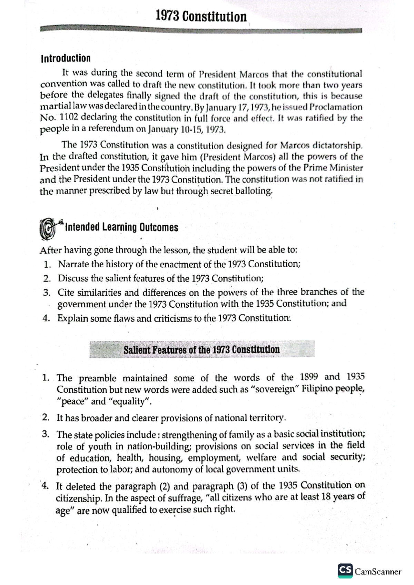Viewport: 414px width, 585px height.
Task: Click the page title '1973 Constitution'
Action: tap(201, 16)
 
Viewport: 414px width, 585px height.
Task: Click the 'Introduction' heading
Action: tap(66, 58)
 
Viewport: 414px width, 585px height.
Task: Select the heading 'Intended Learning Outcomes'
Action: tap(121, 227)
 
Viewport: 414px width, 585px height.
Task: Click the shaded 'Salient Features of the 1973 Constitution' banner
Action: tap(202, 350)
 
